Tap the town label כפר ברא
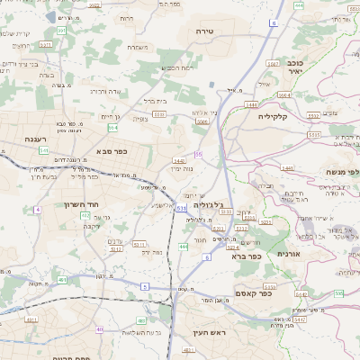pos(246,256)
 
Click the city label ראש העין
pos(206,332)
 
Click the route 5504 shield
pos(283,94)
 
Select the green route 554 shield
pos(112,129)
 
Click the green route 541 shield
pos(44,150)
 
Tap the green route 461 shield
pos(62,279)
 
